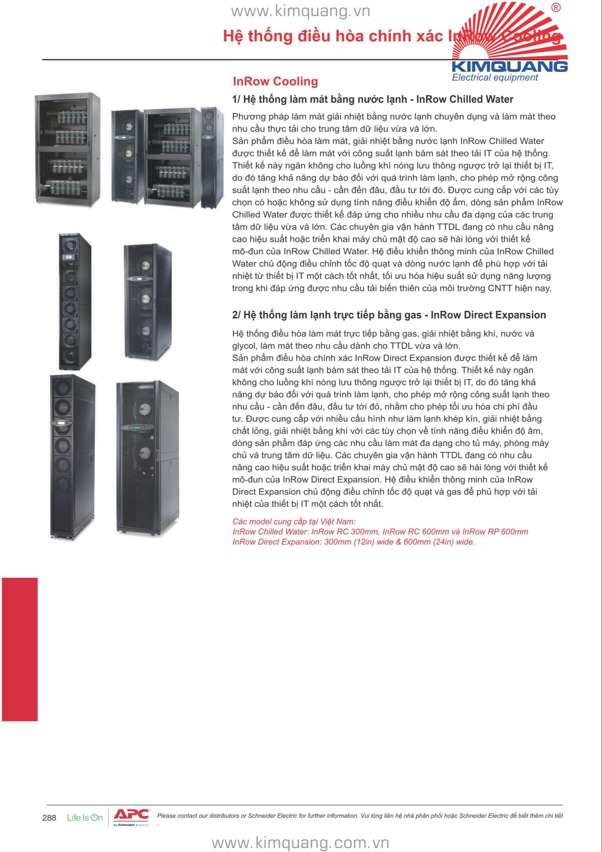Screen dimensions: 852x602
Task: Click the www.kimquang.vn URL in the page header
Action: click(x=300, y=12)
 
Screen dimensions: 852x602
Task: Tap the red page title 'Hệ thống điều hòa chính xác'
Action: click(x=334, y=36)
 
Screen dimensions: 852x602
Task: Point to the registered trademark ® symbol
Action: click(x=556, y=8)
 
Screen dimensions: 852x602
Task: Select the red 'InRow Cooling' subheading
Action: click(x=275, y=81)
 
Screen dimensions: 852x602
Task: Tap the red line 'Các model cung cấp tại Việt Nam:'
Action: click(x=294, y=521)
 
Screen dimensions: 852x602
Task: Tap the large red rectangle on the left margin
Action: click(x=19, y=649)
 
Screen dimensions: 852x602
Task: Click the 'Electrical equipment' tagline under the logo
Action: click(x=495, y=78)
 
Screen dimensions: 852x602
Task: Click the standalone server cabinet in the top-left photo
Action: click(x=67, y=150)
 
